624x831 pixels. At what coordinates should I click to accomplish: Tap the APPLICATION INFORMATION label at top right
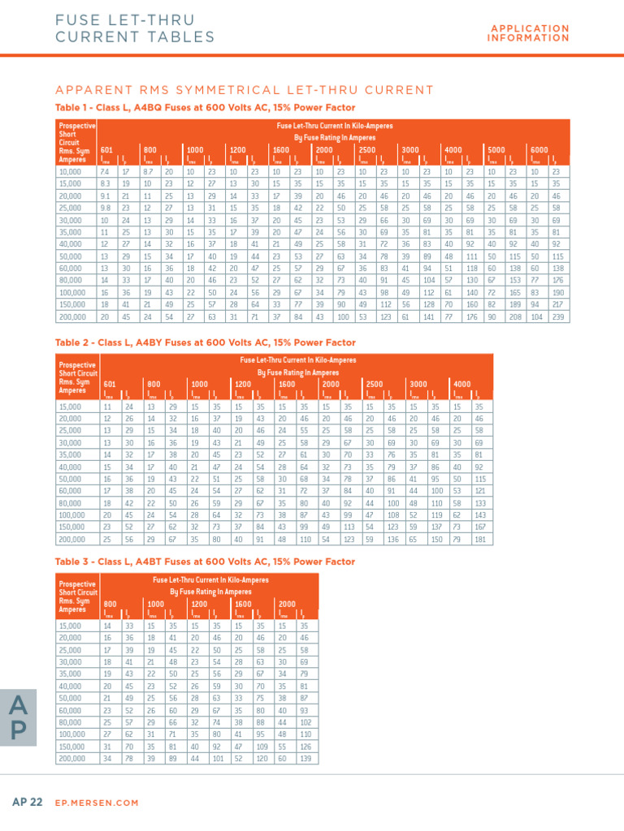click(x=529, y=33)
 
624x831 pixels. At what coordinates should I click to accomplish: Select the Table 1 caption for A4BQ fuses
click(x=205, y=107)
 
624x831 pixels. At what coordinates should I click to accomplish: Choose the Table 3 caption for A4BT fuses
click(x=205, y=562)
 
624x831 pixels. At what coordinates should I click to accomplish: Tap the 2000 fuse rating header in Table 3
click(x=288, y=604)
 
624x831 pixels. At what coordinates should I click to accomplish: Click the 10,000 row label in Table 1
click(x=71, y=171)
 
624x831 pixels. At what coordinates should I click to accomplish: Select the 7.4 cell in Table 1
click(x=104, y=171)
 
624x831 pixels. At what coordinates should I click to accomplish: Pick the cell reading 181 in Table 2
click(x=479, y=539)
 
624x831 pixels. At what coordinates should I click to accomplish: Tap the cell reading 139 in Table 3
click(x=305, y=758)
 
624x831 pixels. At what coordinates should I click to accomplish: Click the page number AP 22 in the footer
click(x=28, y=802)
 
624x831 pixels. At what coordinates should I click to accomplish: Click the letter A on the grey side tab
click(x=20, y=708)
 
